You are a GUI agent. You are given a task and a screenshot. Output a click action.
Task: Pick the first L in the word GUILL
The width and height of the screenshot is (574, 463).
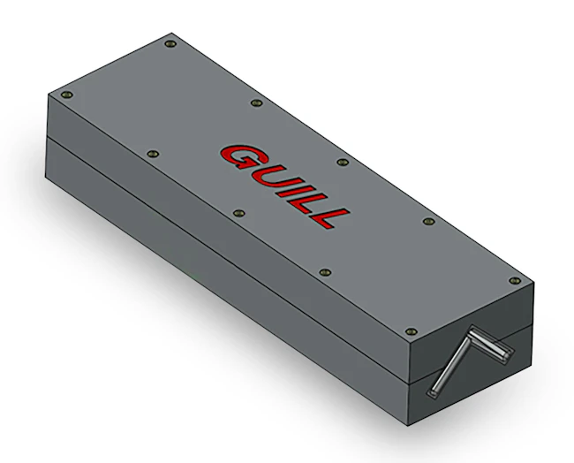[x=309, y=200]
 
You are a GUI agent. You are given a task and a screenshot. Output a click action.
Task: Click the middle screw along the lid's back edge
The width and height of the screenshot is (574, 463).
[x=342, y=162]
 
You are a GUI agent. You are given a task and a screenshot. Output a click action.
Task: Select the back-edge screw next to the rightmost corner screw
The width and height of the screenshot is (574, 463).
[x=428, y=221]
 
